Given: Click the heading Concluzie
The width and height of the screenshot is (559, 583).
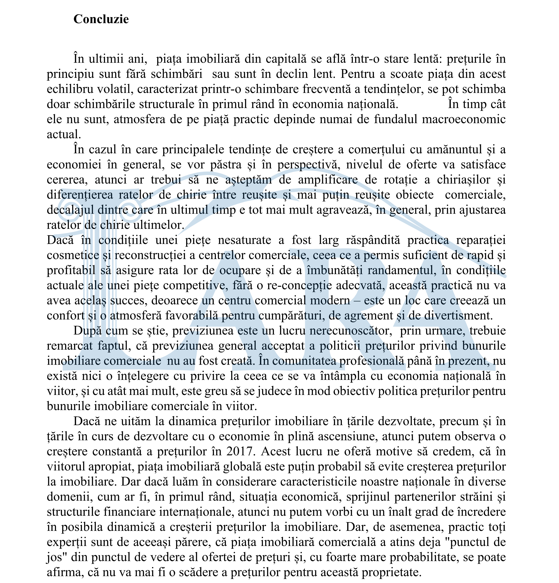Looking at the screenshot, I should pos(101,19).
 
